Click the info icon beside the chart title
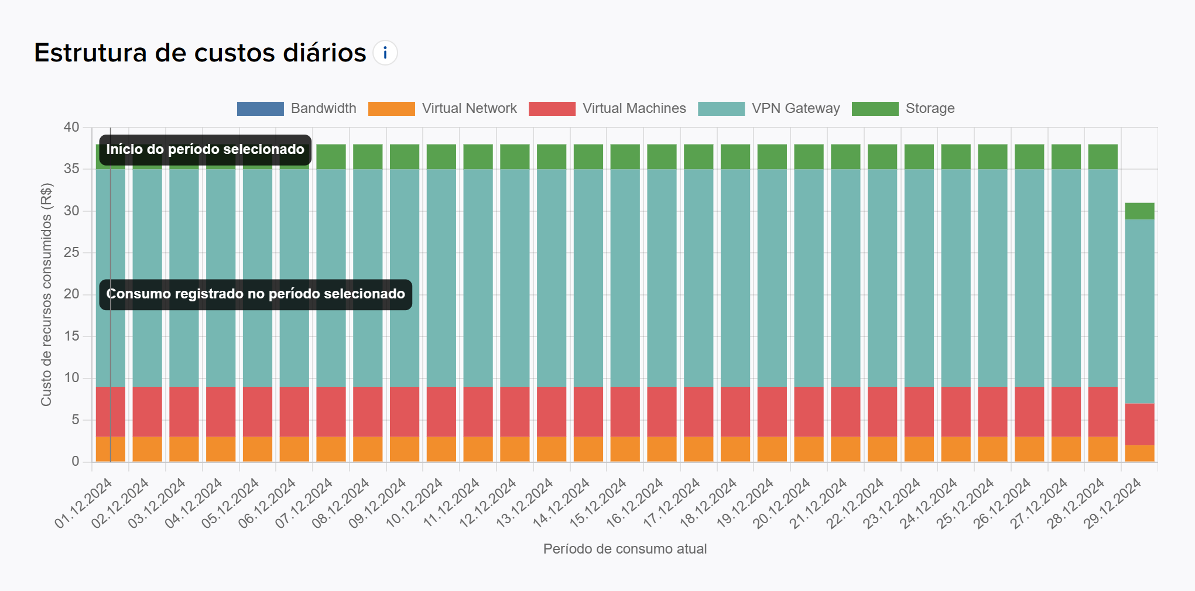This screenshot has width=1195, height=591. tap(385, 53)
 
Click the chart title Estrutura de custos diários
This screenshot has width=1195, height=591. tap(200, 53)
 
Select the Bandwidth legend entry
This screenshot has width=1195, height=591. tap(297, 109)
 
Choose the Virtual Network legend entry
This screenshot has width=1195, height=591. tap(443, 109)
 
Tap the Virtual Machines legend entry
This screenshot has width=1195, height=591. tap(607, 109)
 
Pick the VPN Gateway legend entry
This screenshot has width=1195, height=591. tap(769, 109)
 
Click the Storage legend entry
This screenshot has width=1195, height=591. tap(903, 109)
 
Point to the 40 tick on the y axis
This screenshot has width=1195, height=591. tap(71, 128)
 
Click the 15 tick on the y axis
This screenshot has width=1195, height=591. tap(71, 336)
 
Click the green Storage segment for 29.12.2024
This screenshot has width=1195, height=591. tap(1139, 211)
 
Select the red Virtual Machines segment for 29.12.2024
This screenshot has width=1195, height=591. tap(1139, 424)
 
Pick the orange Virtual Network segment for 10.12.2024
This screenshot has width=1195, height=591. tap(441, 449)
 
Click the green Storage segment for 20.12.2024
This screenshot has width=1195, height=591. tap(809, 157)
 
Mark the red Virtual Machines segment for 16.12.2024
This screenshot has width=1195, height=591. tap(662, 411)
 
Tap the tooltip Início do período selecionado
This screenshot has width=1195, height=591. tap(205, 150)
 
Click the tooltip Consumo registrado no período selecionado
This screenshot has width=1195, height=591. tap(255, 294)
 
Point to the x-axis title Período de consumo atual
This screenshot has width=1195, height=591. tap(625, 549)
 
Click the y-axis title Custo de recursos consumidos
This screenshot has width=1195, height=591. tap(46, 295)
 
